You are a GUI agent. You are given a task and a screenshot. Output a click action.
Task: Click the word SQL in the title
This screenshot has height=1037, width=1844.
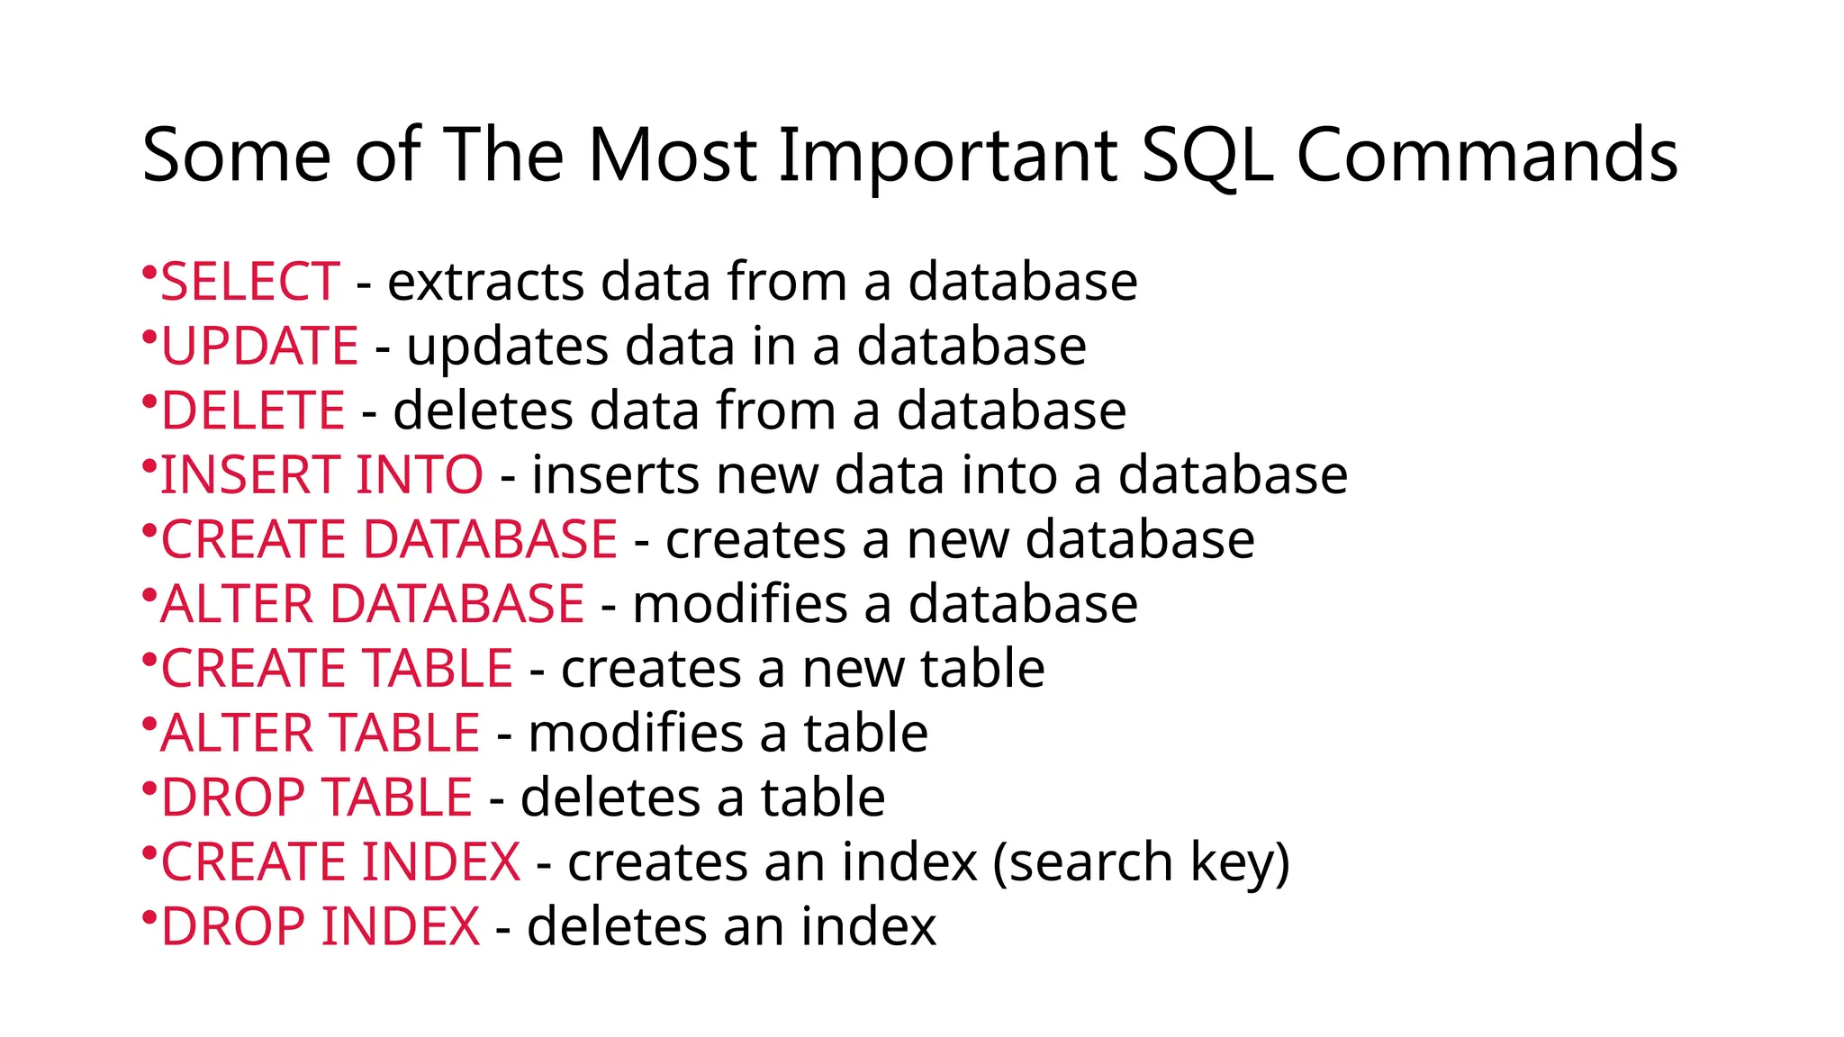point(1207,156)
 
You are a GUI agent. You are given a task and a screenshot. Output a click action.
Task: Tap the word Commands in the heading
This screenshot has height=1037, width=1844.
point(1487,156)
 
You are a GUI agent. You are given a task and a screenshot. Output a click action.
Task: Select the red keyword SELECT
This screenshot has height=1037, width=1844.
point(250,282)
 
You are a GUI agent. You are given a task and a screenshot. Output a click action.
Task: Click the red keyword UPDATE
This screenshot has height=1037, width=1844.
point(259,347)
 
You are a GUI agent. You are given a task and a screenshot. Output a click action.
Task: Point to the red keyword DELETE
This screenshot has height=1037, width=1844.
point(253,411)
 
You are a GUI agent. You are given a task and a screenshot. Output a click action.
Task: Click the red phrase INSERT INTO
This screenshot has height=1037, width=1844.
point(321,475)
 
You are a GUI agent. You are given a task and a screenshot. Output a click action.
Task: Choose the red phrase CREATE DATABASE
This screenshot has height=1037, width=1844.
point(389,540)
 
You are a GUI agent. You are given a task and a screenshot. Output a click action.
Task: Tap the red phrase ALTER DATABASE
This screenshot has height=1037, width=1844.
point(373,604)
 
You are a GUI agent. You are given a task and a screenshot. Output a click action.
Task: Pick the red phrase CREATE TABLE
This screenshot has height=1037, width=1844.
point(337,669)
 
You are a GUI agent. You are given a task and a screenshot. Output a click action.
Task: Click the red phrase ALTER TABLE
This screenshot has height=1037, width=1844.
point(321,733)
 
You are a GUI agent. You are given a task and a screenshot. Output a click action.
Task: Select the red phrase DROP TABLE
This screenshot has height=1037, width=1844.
point(317,798)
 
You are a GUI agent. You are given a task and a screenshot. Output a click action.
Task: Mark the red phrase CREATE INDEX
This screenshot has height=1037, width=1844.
point(340,862)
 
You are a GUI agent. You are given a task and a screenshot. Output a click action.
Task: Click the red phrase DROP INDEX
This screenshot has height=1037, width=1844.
point(321,926)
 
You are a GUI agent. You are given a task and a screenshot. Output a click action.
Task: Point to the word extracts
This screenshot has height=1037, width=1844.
point(485,282)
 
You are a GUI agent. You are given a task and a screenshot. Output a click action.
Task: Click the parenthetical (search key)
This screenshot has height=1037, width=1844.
point(1141,862)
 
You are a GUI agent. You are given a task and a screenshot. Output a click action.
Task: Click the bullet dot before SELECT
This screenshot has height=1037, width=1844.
point(149,270)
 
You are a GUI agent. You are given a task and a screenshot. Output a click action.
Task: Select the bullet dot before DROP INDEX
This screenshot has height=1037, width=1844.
point(149,915)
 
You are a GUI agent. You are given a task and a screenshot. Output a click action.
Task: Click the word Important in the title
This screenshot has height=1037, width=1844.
point(947,156)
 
